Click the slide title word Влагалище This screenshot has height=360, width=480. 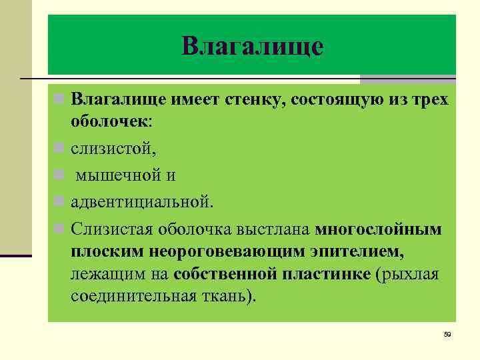[x=252, y=46]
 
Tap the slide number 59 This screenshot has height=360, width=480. [x=447, y=334]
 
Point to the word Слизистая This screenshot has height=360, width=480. [x=112, y=229]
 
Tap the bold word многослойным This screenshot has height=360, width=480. [x=379, y=229]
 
